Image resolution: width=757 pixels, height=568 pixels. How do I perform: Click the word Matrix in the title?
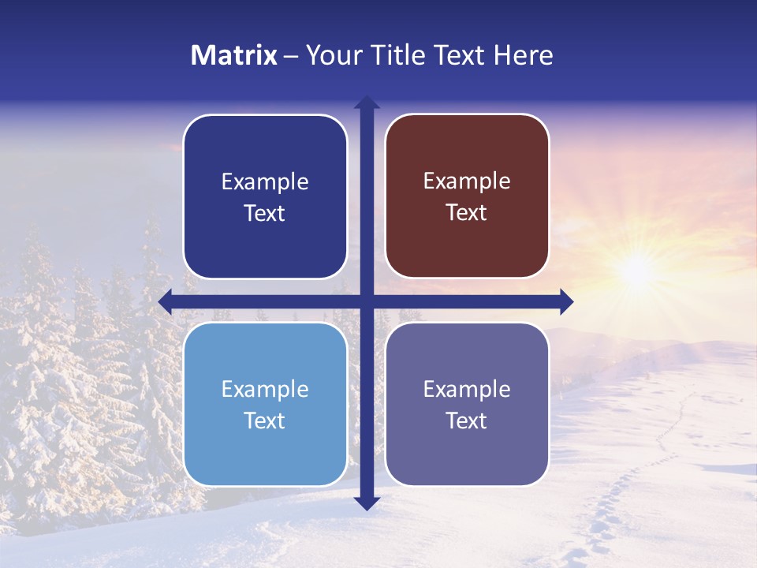coord(234,55)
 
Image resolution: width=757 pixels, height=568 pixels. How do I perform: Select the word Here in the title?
coord(524,55)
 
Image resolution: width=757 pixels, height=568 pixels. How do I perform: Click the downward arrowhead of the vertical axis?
coord(367,503)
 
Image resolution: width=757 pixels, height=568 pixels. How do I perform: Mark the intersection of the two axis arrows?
coord(367,301)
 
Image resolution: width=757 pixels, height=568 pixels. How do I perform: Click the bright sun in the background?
coord(636,271)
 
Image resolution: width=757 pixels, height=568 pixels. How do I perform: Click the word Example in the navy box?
coord(265,182)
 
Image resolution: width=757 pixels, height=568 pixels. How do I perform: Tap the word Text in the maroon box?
coord(467,213)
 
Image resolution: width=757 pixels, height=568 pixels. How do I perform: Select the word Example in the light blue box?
coord(265,390)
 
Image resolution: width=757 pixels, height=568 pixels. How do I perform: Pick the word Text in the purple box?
coord(467,421)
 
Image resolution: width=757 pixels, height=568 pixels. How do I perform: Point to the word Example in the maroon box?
coord(467,181)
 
